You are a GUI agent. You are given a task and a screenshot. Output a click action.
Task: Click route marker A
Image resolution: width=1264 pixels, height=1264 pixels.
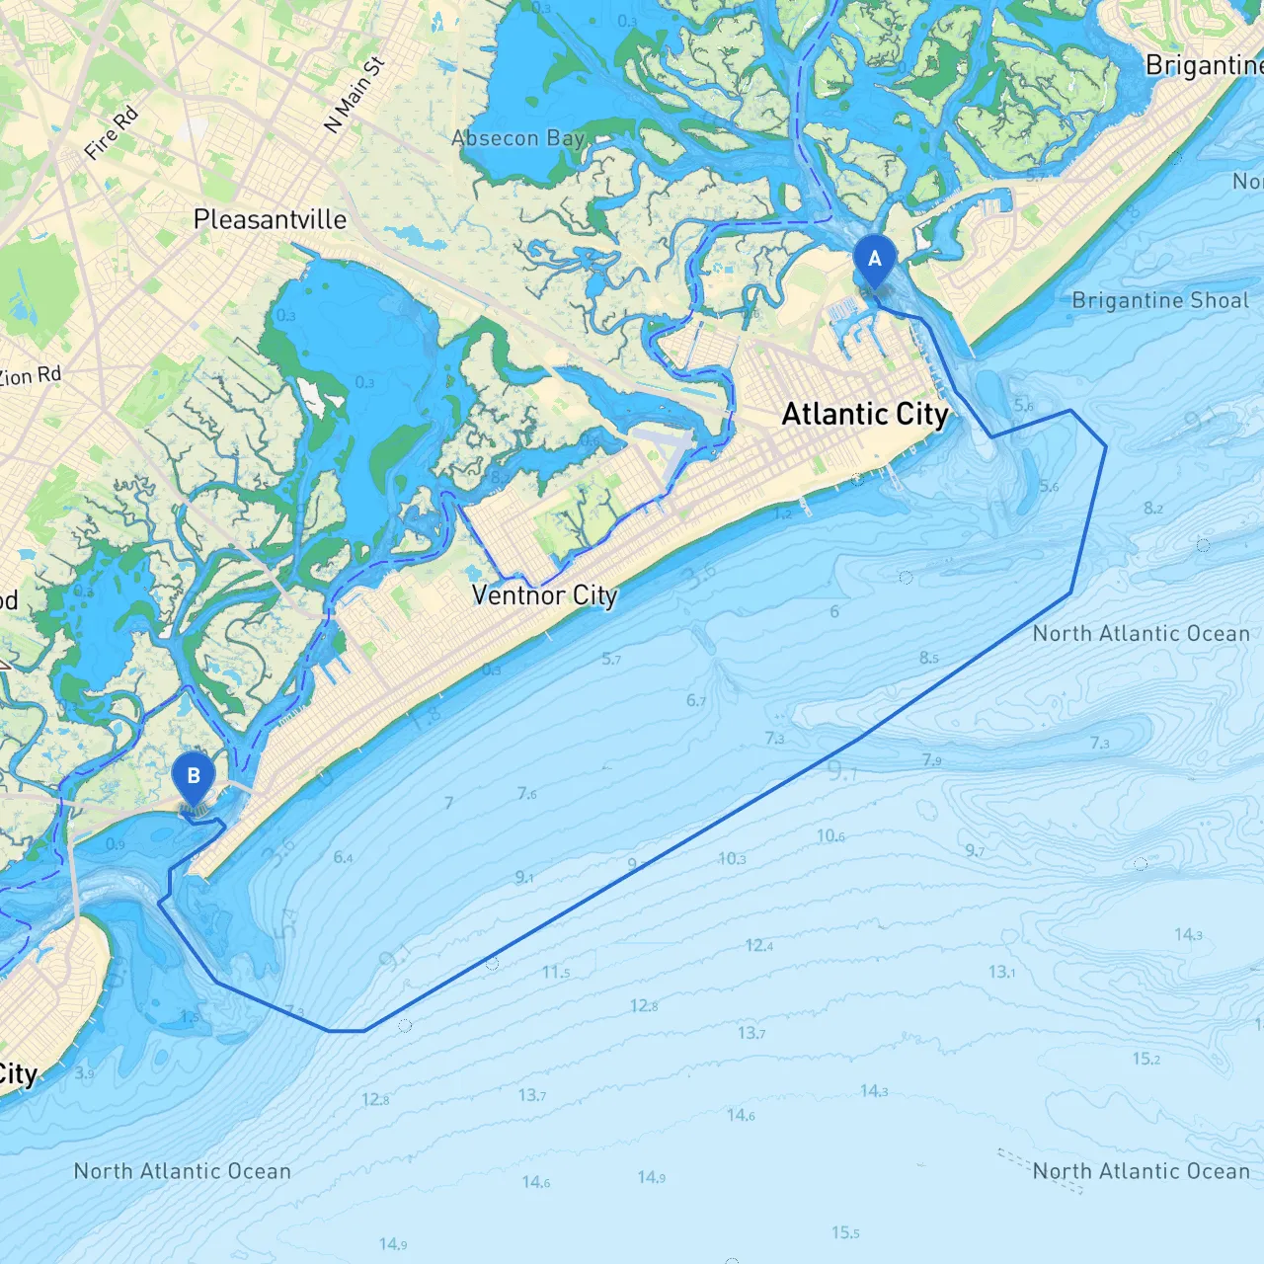coord(874,260)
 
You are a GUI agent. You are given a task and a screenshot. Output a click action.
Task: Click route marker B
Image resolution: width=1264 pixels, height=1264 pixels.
coord(194,777)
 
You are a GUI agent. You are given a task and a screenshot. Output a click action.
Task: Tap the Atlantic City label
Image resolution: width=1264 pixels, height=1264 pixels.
coord(865,414)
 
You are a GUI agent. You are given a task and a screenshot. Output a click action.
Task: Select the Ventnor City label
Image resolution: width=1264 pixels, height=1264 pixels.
coord(544,595)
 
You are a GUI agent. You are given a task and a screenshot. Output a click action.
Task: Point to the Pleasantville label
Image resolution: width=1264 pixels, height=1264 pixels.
coord(270,219)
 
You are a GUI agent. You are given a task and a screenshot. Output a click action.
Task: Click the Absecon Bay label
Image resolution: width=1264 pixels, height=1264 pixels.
coord(518,138)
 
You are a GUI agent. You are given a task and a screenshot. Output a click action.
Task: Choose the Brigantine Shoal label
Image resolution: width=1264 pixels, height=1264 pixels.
coord(1160,300)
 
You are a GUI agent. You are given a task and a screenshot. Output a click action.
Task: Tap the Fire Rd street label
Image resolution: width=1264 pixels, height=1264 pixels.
coord(111,133)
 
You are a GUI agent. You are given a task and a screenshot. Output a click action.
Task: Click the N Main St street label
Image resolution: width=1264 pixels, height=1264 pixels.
coord(354,96)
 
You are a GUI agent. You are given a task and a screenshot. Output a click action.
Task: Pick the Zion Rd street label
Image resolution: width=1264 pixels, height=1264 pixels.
coord(30,376)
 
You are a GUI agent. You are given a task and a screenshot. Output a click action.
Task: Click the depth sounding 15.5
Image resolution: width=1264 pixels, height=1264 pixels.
coord(845,1232)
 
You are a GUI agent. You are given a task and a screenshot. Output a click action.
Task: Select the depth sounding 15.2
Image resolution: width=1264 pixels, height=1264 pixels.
coord(1146,1059)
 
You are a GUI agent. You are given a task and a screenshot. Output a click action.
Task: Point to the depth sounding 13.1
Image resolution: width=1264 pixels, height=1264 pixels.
coord(1002,972)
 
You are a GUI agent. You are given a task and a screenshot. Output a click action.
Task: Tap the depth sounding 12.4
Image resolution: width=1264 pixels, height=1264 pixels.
coord(759,945)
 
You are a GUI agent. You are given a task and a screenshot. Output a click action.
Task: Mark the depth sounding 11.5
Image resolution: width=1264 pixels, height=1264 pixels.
coord(556,972)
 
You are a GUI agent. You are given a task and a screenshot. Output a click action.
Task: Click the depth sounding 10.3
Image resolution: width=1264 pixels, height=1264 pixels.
coord(732,858)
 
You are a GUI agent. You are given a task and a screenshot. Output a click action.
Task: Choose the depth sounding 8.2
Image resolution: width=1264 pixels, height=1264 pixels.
coord(1153,508)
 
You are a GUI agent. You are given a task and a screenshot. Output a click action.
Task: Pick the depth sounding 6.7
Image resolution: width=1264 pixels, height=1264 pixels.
coord(696,700)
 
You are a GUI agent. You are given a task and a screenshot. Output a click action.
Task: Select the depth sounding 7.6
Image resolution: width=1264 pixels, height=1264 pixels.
coord(527,793)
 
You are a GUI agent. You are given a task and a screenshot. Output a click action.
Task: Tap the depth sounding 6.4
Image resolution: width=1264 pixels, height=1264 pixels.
coord(343,856)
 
